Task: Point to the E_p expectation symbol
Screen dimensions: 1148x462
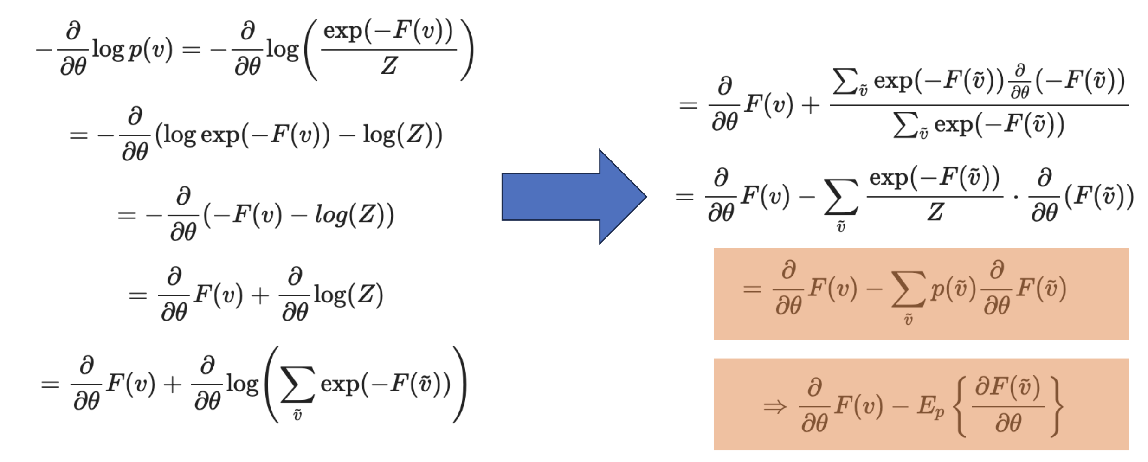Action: click(x=930, y=407)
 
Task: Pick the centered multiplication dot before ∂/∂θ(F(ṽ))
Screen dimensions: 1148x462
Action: click(x=1015, y=197)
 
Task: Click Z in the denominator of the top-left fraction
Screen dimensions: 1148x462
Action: click(x=389, y=66)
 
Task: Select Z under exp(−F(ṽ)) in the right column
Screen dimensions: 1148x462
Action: click(x=935, y=212)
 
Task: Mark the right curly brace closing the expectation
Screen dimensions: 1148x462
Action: click(x=1056, y=407)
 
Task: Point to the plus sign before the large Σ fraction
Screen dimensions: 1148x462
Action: click(x=810, y=106)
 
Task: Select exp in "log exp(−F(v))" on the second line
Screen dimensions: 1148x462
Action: click(x=219, y=135)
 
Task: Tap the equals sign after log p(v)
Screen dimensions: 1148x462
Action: click(x=191, y=50)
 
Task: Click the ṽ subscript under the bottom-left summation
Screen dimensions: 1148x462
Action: click(x=297, y=414)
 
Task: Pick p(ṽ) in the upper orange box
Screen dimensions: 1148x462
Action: click(x=953, y=289)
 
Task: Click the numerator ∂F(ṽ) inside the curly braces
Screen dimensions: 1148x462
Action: click(x=1007, y=388)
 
